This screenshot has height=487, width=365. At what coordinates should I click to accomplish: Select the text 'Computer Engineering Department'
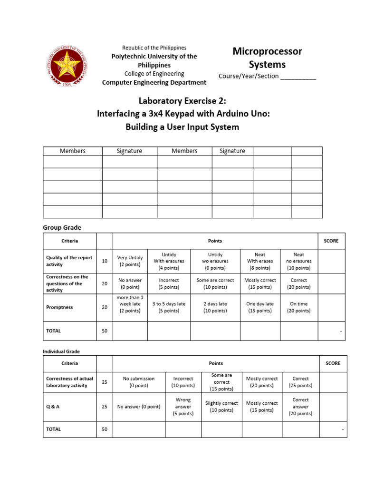point(154,82)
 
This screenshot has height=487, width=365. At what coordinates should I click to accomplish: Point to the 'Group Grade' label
point(62,228)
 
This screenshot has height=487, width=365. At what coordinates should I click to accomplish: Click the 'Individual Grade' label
point(61,351)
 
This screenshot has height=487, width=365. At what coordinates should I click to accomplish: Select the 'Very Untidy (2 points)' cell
point(130,261)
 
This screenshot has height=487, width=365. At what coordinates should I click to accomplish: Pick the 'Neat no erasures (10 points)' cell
point(299,261)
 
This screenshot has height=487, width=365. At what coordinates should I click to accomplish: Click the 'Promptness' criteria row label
point(59,307)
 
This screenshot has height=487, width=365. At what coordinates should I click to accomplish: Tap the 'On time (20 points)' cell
point(299,307)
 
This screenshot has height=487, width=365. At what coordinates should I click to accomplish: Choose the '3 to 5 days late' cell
point(169,307)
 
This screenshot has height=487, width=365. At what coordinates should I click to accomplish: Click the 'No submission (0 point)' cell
point(139,382)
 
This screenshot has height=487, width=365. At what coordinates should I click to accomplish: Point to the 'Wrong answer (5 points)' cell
point(183,407)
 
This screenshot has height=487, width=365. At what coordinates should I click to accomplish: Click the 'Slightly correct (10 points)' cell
point(221,407)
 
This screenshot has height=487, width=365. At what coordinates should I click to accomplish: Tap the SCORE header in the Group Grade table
point(331,241)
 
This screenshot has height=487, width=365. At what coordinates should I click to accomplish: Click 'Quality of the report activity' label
point(69,261)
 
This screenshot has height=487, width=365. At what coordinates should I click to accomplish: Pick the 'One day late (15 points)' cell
point(260,307)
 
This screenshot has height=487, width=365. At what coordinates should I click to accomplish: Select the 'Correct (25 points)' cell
point(300,382)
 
